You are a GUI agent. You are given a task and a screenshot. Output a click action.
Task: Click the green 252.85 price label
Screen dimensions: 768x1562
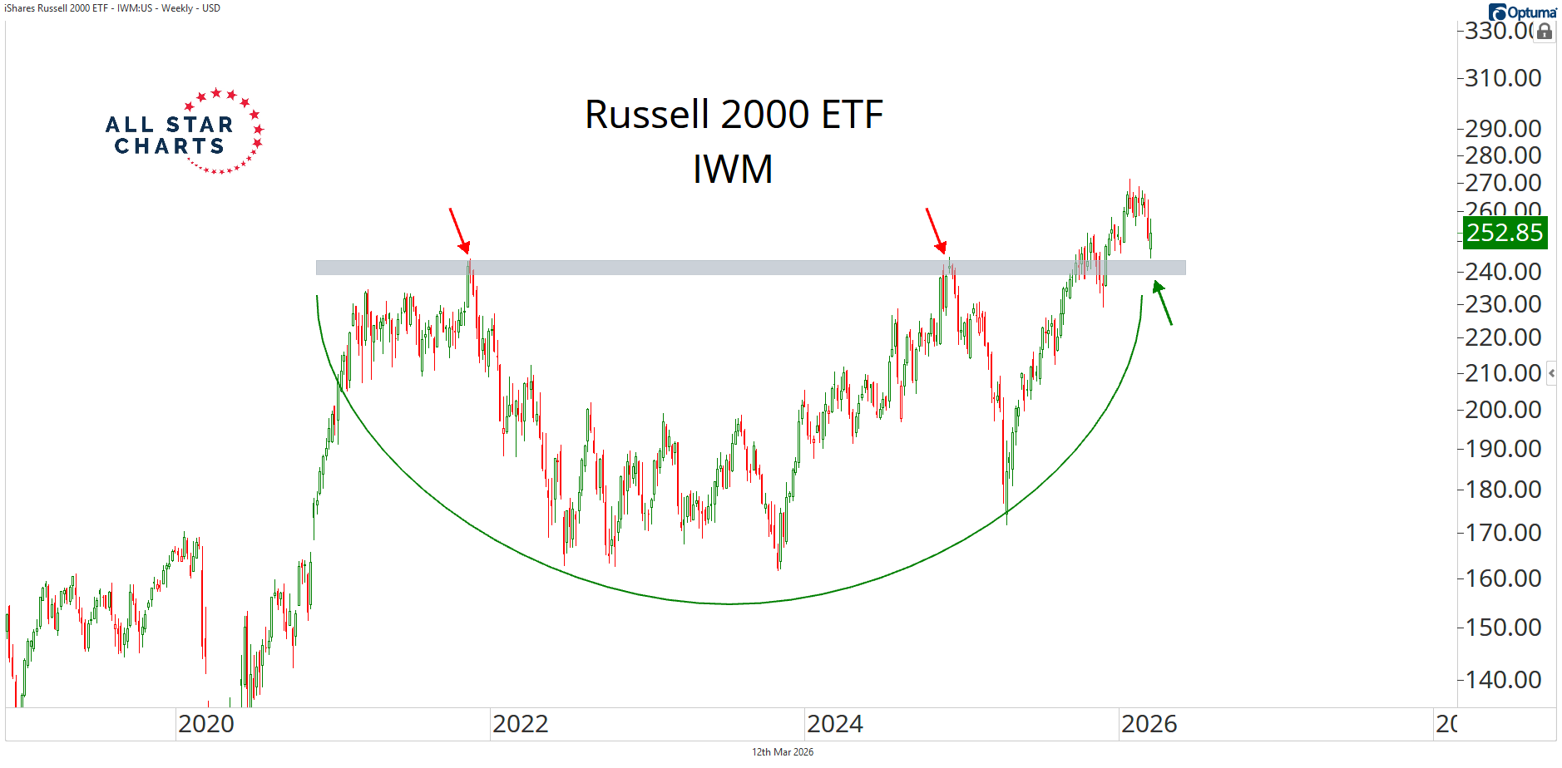click(x=1505, y=233)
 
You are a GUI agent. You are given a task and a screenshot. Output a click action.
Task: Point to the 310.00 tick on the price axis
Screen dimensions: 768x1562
click(x=1503, y=78)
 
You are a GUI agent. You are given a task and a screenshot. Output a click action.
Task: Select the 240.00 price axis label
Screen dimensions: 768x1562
click(x=1503, y=272)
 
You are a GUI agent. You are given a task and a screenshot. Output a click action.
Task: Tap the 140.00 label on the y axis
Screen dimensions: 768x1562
click(x=1503, y=680)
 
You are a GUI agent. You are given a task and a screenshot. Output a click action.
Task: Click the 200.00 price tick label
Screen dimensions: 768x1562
click(x=1503, y=410)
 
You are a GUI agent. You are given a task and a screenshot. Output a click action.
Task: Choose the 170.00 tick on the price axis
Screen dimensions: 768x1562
click(x=1503, y=533)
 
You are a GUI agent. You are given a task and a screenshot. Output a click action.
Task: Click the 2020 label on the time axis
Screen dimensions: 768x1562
click(x=206, y=724)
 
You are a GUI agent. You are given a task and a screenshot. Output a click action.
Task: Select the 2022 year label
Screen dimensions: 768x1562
click(x=521, y=724)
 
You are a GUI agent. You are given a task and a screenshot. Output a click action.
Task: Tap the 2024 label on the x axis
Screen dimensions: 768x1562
click(x=835, y=724)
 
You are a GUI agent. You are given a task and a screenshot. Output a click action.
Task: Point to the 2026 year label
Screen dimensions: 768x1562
click(x=1149, y=724)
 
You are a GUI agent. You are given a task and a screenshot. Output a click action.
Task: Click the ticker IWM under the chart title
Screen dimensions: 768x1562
click(x=733, y=170)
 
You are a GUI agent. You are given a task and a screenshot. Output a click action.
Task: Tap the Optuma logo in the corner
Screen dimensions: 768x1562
click(x=1523, y=12)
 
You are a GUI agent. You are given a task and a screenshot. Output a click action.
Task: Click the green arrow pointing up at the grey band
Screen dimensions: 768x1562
click(x=1162, y=303)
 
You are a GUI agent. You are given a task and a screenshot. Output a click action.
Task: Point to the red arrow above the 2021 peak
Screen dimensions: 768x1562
click(x=459, y=230)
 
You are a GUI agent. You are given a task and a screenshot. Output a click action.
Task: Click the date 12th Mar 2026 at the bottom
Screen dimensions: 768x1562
click(x=783, y=752)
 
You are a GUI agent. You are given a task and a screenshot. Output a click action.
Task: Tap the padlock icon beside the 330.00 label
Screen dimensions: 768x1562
click(x=1545, y=32)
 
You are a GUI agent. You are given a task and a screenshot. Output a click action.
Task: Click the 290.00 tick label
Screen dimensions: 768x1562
click(x=1503, y=129)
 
